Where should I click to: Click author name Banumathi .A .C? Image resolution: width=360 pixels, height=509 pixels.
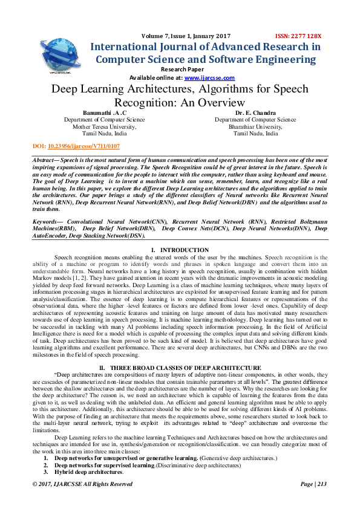(x=104, y=113)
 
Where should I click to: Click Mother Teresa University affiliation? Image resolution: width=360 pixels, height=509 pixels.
(x=104, y=127)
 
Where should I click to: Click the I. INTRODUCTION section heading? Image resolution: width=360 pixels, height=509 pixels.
(x=180, y=250)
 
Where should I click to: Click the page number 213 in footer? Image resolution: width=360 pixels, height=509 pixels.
(x=321, y=484)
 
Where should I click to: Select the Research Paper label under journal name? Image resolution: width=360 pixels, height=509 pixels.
(x=180, y=70)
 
